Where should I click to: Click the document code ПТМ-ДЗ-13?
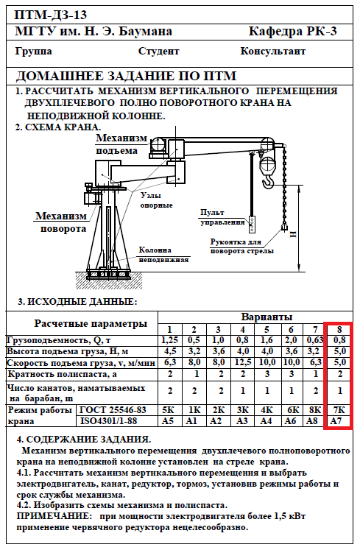[x=51, y=15]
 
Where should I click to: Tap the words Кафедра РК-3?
[x=292, y=32]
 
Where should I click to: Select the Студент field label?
[x=158, y=52]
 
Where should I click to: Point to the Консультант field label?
[x=272, y=52]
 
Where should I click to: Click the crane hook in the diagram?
[x=268, y=181]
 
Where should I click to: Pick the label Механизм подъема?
[x=121, y=144]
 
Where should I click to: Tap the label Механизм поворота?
[x=61, y=222]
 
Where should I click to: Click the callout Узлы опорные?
[x=157, y=200]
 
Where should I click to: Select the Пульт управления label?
[x=222, y=217]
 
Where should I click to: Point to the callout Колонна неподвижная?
[x=163, y=255]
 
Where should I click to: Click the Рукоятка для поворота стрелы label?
[x=241, y=246]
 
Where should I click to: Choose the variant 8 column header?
[x=339, y=330]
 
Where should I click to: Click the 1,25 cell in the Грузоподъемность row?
[x=170, y=340]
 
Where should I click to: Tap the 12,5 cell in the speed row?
[x=242, y=362]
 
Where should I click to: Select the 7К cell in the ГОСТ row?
[x=339, y=409]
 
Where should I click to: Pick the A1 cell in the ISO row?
[x=191, y=420]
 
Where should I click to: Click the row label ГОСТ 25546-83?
[x=113, y=409]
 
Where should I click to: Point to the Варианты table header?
[x=267, y=317]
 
